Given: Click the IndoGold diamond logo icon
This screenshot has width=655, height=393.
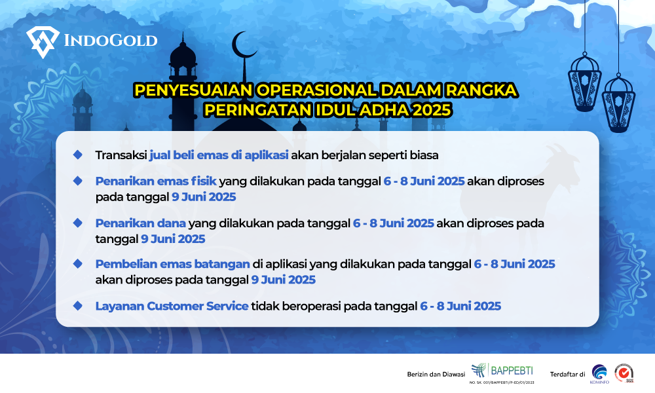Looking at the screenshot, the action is coord(43,42).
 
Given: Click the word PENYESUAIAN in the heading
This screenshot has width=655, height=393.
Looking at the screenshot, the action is coord(193,90).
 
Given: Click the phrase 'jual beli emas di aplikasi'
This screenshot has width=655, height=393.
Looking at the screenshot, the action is coord(219,155).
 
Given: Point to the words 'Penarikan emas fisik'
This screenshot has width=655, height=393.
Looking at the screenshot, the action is coord(156,181).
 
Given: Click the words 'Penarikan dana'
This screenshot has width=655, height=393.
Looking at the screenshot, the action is coord(140,223).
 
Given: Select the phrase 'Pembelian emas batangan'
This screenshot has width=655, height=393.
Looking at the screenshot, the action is coord(172,264).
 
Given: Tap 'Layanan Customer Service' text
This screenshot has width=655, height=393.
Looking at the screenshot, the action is coord(172,306).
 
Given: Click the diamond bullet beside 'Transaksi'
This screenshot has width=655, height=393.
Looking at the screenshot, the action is coord(78,155).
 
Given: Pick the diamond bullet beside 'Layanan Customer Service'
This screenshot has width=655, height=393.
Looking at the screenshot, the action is coord(78,306).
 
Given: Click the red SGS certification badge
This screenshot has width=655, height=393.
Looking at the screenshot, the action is coord(624,373).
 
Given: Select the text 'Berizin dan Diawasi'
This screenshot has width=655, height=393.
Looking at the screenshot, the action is coord(436,374).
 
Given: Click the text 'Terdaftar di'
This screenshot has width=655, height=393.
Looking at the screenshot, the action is coord(567,374).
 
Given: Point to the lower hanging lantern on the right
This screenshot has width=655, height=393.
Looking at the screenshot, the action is coord(618,103).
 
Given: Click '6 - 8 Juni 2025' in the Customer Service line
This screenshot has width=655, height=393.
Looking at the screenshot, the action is coord(460,306).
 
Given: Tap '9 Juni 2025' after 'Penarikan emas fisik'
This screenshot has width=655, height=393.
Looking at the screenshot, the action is coord(204,196).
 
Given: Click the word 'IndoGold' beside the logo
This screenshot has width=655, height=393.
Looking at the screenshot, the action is coord(111,41).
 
